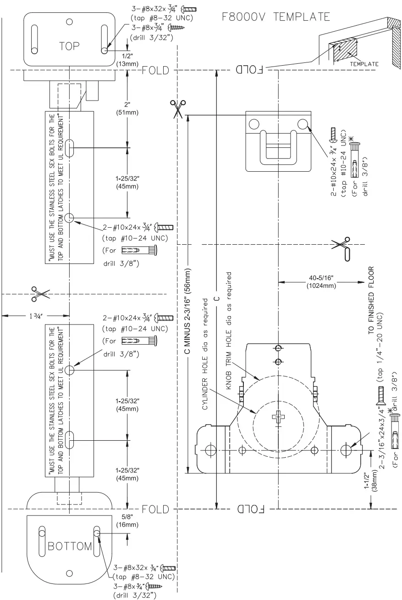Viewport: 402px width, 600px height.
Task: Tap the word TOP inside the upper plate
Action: [69, 46]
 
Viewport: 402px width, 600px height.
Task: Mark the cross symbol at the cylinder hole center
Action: [278, 417]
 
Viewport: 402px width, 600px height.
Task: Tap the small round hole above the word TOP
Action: [69, 21]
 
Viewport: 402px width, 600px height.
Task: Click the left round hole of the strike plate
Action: [254, 123]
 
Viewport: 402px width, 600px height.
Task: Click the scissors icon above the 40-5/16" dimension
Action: [342, 246]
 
